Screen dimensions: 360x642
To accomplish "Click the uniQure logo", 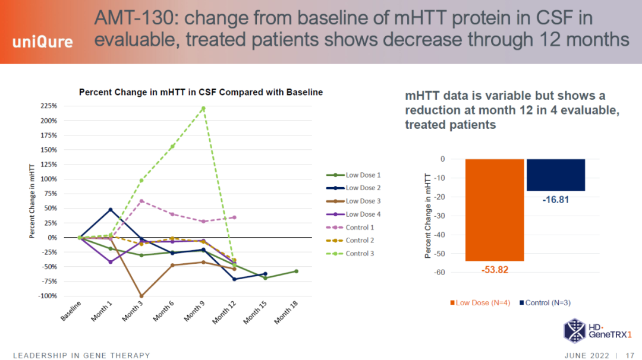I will pyautogui.click(x=43, y=42).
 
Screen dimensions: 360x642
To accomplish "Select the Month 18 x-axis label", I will pyautogui.click(x=285, y=312).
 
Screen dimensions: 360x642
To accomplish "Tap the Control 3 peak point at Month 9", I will pyautogui.click(x=203, y=108).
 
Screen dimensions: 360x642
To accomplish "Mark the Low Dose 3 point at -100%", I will pyautogui.click(x=141, y=296).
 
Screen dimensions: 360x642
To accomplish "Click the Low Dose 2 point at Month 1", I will pyautogui.click(x=111, y=210).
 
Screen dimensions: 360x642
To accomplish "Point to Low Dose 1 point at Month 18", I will pyautogui.click(x=296, y=271).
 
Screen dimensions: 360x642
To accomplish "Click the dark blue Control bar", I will pyautogui.click(x=556, y=175).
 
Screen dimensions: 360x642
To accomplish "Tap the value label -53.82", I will pyautogui.click(x=495, y=270).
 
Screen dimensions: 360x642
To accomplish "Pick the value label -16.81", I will pyautogui.click(x=556, y=200).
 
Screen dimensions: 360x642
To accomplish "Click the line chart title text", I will pyautogui.click(x=201, y=92).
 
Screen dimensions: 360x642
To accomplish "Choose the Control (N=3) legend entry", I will pyautogui.click(x=545, y=302).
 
